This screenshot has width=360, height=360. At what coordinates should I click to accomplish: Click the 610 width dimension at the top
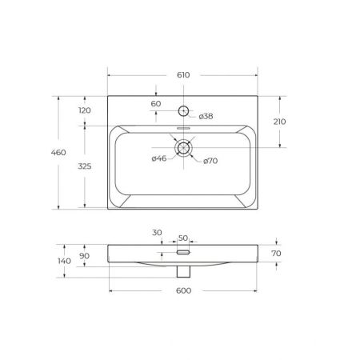pyautogui.click(x=183, y=75)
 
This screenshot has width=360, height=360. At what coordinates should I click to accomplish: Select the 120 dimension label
pyautogui.click(x=85, y=110)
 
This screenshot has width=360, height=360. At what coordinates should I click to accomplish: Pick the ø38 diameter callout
pyautogui.click(x=205, y=116)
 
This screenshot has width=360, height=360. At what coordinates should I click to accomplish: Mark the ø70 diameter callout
pyautogui.click(x=210, y=161)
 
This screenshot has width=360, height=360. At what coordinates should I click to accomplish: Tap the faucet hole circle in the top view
pyautogui.click(x=183, y=110)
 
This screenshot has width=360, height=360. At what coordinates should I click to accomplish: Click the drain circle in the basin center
pyautogui.click(x=183, y=147)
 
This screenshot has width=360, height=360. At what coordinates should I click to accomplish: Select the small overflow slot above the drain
pyautogui.click(x=183, y=128)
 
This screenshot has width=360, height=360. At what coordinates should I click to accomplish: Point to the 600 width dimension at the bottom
pyautogui.click(x=183, y=290)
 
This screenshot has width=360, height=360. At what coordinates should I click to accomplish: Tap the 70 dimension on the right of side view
pyautogui.click(x=278, y=253)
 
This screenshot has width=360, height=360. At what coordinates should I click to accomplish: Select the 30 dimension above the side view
pyautogui.click(x=158, y=233)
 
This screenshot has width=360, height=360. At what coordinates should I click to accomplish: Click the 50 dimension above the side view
pyautogui.click(x=182, y=238)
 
